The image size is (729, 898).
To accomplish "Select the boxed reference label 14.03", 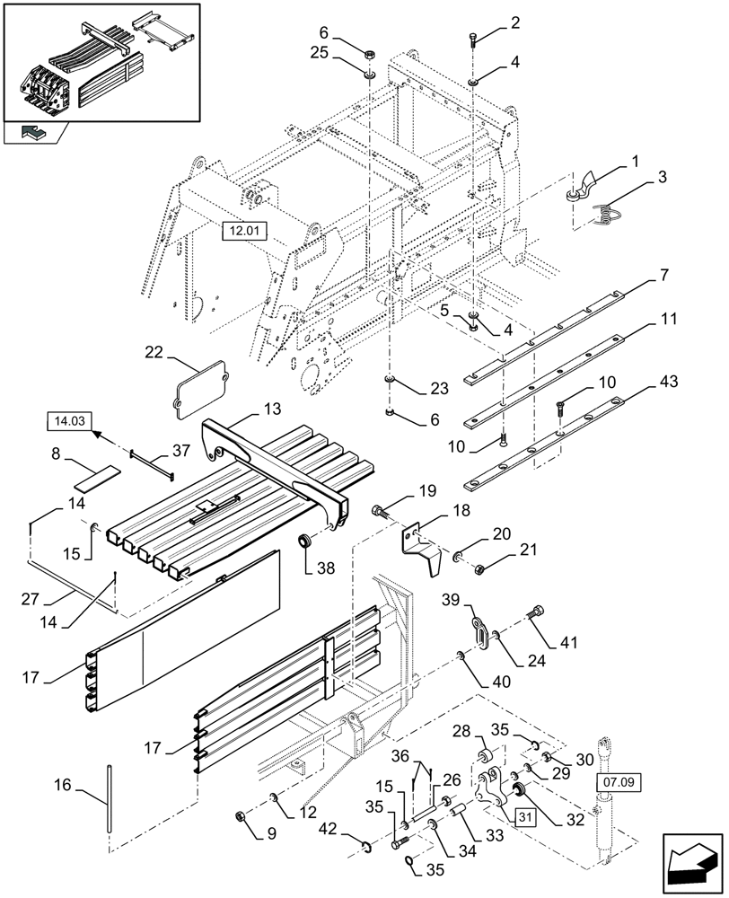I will click(68, 419).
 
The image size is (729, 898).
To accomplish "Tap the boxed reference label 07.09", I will click(619, 783).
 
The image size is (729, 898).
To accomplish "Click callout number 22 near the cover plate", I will click(154, 353).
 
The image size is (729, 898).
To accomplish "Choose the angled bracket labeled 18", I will click(422, 546).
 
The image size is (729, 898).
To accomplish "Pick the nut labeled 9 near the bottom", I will click(241, 815).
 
